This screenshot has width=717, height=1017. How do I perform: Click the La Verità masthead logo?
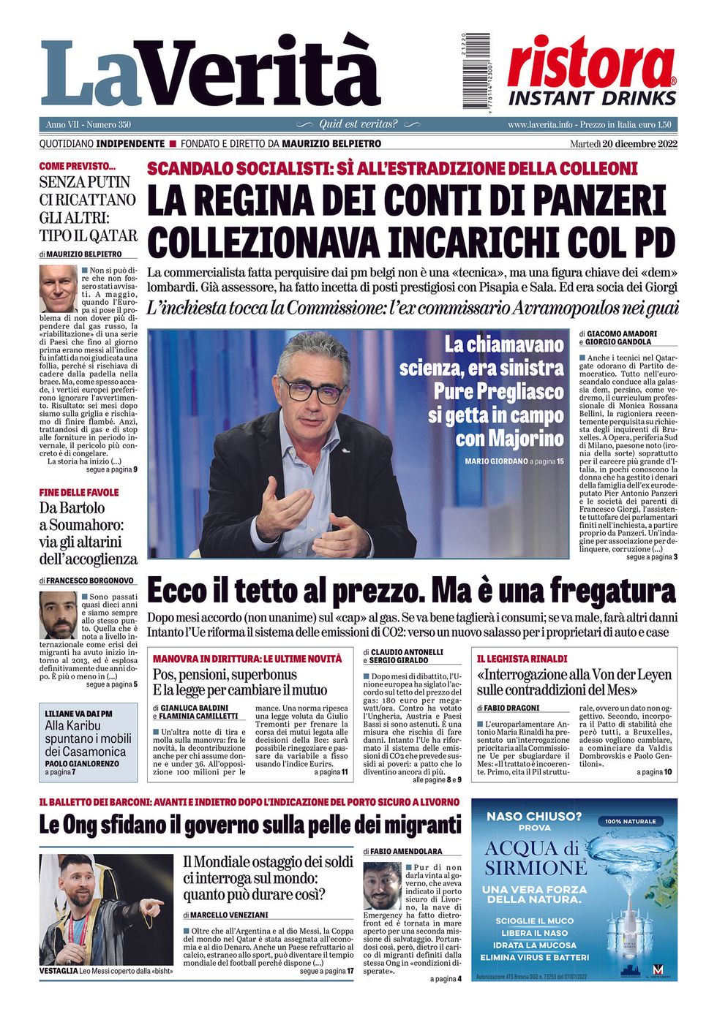[x=210, y=73]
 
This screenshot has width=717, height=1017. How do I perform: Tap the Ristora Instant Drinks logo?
[x=591, y=72]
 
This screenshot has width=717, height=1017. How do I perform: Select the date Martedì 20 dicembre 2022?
[x=623, y=144]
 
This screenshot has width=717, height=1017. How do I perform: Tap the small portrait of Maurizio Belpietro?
[x=58, y=289]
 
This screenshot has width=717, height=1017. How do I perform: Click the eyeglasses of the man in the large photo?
[x=312, y=389]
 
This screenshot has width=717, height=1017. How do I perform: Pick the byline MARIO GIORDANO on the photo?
[x=496, y=461]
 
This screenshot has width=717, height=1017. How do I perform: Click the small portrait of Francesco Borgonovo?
[x=59, y=615]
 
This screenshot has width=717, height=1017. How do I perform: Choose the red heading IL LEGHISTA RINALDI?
[x=522, y=659]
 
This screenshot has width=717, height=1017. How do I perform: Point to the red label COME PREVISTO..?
[x=77, y=166]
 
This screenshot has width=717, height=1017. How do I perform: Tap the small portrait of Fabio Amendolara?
[x=382, y=885]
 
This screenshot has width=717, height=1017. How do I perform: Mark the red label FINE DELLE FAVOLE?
[x=78, y=493]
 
